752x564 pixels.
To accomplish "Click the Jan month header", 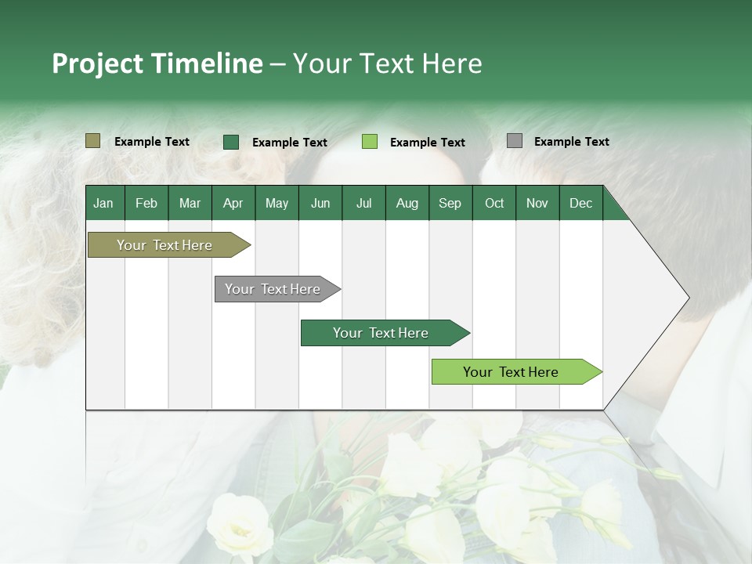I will [x=104, y=203].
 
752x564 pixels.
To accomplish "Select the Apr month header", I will [x=233, y=203].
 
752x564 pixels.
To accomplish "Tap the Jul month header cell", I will [x=363, y=203].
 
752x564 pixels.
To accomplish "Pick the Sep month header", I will [x=450, y=203].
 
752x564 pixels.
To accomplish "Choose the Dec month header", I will [x=580, y=203].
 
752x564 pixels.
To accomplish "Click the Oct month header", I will [x=494, y=203].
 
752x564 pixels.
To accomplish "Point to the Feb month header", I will [x=146, y=203].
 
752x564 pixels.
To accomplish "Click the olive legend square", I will [x=92, y=141].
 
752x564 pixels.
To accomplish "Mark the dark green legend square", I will [x=231, y=142].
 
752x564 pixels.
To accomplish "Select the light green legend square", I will [x=370, y=142].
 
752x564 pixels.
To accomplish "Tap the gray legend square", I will [x=515, y=141].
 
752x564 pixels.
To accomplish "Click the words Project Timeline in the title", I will [x=157, y=63].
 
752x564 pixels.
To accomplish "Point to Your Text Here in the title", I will [x=387, y=63].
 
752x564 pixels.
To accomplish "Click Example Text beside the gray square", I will [x=571, y=142].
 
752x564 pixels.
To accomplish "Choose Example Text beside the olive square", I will [x=152, y=142].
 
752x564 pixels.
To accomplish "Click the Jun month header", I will [x=320, y=203].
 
